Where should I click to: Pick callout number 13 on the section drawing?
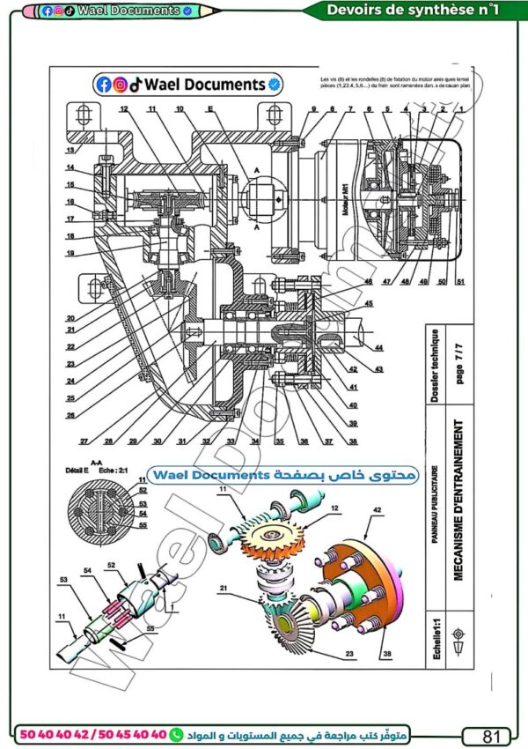coord(70,151)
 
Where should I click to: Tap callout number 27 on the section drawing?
coord(84,441)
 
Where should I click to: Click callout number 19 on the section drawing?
coord(70,253)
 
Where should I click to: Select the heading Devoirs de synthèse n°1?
coord(412,10)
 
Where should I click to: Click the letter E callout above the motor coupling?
coord(210,109)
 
